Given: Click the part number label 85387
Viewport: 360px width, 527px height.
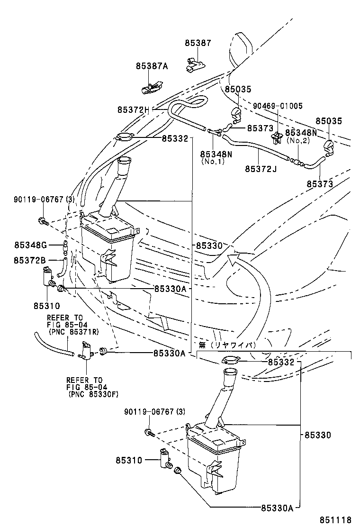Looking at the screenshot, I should (198, 43).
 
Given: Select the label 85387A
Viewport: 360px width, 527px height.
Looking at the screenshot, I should (152, 67).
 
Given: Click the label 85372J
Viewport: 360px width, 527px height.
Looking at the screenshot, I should (261, 168).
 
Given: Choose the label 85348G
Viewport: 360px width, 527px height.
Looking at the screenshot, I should (30, 245).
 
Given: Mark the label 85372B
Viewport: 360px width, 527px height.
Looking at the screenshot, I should (30, 261).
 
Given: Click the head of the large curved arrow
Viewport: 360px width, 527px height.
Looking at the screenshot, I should (232, 258).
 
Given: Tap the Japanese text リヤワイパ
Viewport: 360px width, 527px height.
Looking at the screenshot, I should (232, 345).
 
